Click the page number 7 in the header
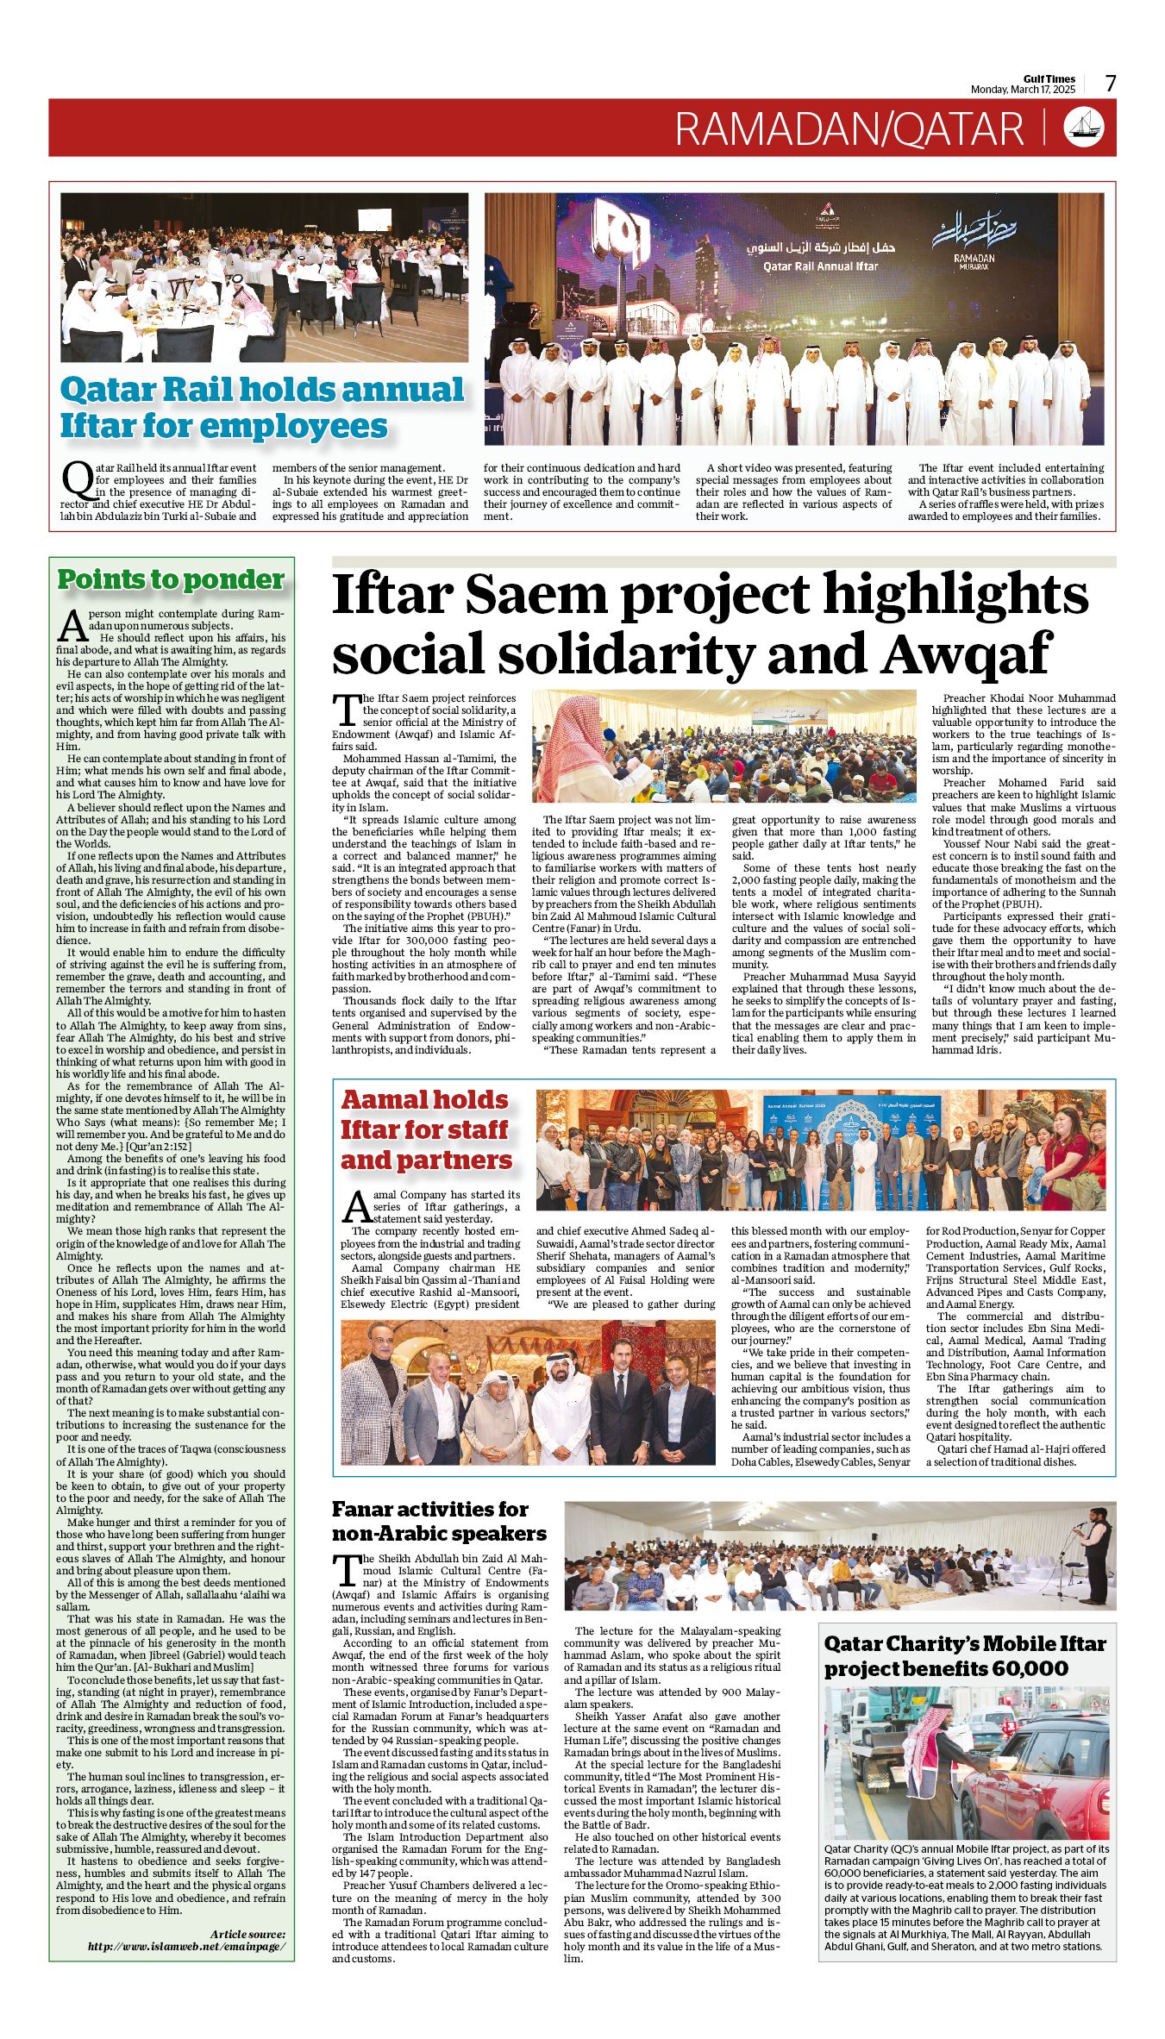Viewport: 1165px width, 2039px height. tap(1111, 84)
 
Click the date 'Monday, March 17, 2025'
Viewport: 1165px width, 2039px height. tap(1023, 90)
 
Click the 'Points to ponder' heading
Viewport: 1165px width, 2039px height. tap(171, 579)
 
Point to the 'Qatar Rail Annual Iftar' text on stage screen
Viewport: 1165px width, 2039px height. tap(820, 266)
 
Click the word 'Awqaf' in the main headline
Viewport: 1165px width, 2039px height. tap(967, 654)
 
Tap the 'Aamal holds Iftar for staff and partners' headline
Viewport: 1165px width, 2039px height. tap(425, 1129)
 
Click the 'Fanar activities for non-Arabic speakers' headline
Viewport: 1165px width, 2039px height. tap(439, 1521)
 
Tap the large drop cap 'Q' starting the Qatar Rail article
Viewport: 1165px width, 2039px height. tap(78, 479)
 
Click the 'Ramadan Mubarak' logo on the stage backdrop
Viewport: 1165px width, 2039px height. tap(974, 244)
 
